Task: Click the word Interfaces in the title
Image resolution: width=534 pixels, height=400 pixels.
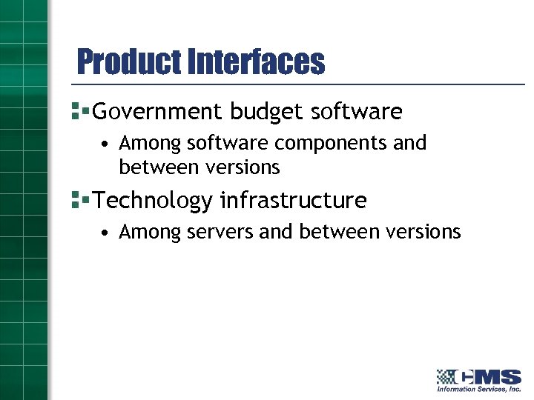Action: click(x=257, y=62)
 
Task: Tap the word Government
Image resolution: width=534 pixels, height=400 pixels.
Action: click(x=157, y=112)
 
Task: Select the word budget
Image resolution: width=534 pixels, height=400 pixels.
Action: click(x=267, y=112)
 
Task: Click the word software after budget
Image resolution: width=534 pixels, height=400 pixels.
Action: click(x=356, y=112)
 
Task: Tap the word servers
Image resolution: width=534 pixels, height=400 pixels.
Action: click(x=220, y=233)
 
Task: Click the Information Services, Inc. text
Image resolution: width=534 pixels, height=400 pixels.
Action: click(x=478, y=389)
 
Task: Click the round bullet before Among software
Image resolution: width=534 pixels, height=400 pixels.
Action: click(x=108, y=143)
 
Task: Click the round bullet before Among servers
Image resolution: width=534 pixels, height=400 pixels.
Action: click(x=108, y=233)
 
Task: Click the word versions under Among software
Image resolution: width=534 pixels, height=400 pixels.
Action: click(x=243, y=168)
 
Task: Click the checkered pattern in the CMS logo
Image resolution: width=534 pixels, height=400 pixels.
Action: click(x=446, y=376)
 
